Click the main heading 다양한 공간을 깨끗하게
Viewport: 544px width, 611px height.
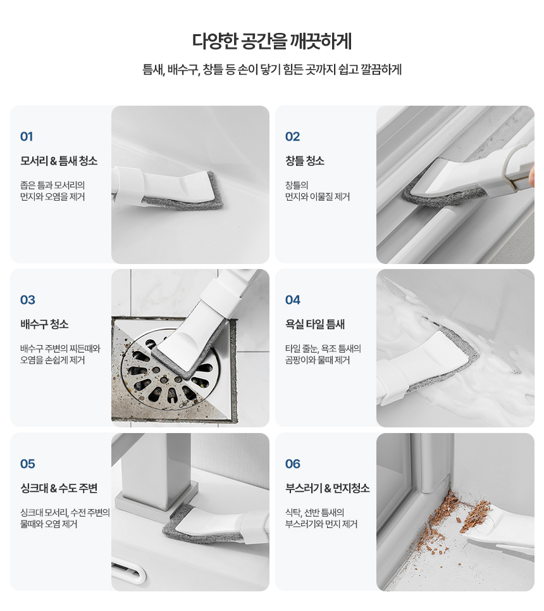click(272, 41)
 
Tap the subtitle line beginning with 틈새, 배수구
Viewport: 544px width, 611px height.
click(272, 70)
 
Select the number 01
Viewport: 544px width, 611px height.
click(27, 137)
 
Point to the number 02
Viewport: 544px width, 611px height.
click(292, 137)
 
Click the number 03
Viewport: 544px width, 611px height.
click(28, 300)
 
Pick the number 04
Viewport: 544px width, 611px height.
click(293, 300)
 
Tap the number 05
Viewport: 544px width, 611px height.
click(28, 463)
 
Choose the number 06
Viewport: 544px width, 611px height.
click(293, 463)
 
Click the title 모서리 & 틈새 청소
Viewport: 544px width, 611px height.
click(59, 161)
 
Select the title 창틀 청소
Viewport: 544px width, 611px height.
click(305, 161)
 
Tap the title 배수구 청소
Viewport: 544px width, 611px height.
click(44, 324)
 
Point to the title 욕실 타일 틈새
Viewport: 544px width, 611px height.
click(315, 324)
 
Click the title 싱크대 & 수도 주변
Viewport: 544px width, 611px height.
click(59, 488)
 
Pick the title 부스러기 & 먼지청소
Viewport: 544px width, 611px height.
click(328, 488)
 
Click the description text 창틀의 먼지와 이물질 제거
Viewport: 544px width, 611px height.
click(318, 191)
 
